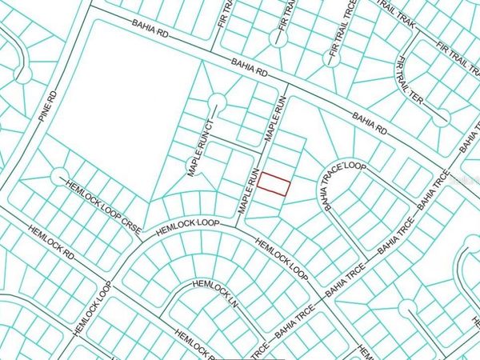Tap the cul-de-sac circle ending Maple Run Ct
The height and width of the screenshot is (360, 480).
[x=216, y=102]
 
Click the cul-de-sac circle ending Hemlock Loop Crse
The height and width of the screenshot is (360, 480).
[x=58, y=174]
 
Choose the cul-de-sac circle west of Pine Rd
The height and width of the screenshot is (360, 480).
[x=22, y=74]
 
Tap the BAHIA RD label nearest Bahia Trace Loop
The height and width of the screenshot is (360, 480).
[x=370, y=122]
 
